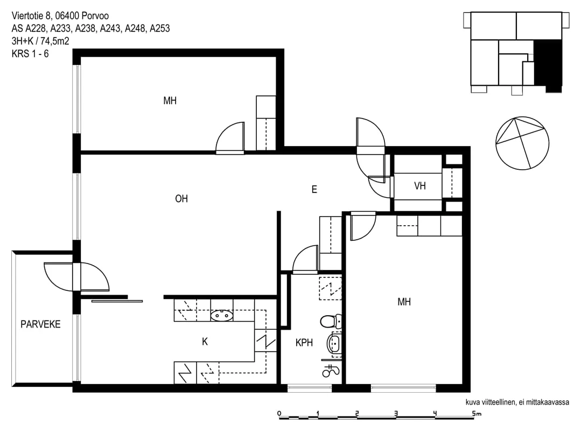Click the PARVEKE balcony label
point(40,324)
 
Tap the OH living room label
point(181,199)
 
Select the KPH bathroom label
point(304,343)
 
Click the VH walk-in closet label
point(420,186)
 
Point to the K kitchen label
point(205,342)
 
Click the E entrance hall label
point(314,190)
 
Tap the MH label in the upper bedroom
point(170,101)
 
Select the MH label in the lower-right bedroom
point(404,302)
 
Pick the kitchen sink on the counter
point(222,315)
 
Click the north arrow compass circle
point(522,143)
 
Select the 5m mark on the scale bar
point(477,414)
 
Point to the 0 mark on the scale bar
point(279,413)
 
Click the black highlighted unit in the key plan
point(548,65)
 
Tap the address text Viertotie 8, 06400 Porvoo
point(60,16)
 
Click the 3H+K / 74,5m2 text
point(40,41)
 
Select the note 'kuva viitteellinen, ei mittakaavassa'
point(517,402)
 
